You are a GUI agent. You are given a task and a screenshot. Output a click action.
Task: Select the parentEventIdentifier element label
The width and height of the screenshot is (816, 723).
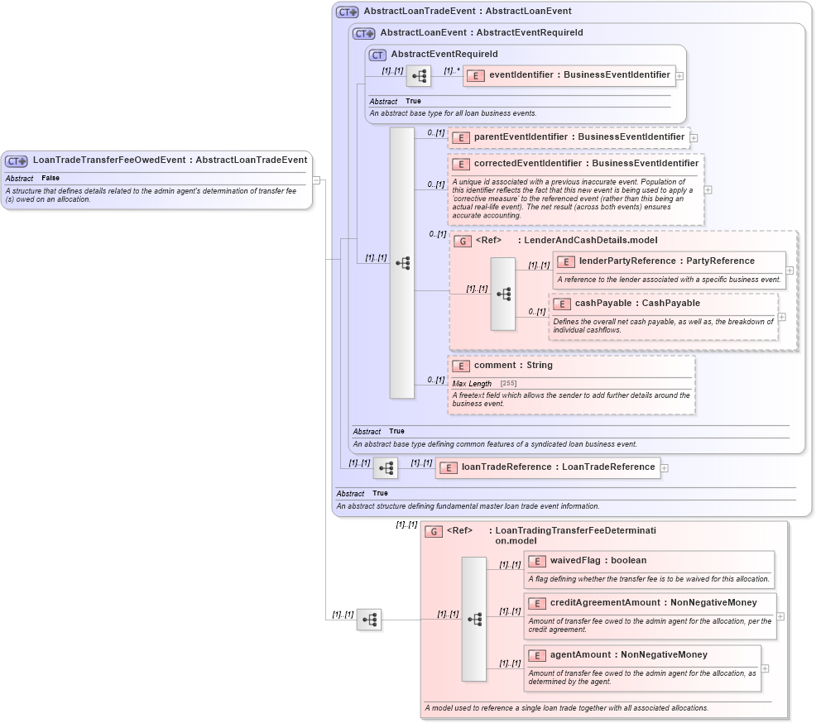coord(578,136)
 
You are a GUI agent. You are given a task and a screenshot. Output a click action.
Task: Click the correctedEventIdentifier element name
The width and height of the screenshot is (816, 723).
coord(586,164)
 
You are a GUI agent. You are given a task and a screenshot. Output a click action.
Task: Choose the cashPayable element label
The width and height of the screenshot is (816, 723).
coord(637,304)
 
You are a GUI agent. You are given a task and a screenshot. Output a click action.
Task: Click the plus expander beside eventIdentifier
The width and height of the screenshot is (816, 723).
coord(679,75)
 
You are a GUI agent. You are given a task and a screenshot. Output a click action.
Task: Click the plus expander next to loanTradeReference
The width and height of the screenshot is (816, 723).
coord(665,467)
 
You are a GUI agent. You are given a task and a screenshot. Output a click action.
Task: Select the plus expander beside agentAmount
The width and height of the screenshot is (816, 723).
coord(765,668)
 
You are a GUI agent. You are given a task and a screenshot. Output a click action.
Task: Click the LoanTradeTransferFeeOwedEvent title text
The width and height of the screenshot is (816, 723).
coord(170,160)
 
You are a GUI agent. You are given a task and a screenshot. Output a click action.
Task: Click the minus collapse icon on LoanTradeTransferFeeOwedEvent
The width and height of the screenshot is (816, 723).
coord(315,180)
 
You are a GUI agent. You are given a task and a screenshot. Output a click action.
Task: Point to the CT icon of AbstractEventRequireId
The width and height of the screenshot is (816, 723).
coord(377,55)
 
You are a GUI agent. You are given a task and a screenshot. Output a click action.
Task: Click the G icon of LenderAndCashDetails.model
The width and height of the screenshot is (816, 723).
coord(464,241)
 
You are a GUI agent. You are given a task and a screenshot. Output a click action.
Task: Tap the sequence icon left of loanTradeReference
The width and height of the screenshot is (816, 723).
coord(386,468)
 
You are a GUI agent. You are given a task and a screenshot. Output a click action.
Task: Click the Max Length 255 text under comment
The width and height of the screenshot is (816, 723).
coord(484,384)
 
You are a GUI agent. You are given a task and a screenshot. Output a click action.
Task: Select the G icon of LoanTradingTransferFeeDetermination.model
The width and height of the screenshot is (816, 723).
coord(434,531)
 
